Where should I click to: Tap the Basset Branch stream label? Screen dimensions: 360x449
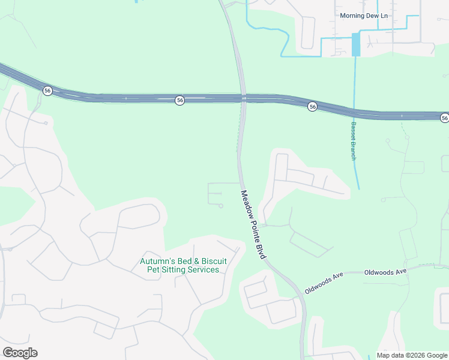(354, 141)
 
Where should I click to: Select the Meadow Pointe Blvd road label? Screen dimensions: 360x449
(254, 224)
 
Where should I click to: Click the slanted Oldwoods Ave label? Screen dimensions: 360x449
(324, 281)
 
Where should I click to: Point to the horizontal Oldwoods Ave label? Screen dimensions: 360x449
(385, 272)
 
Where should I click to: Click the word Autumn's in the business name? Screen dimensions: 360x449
(155, 261)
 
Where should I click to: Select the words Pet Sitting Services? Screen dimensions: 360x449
(183, 270)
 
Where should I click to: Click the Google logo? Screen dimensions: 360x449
(20, 352)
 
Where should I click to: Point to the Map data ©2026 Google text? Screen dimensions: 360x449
(412, 355)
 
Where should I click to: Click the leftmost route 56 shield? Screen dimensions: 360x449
(47, 91)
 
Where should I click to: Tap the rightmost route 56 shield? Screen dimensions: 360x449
(444, 118)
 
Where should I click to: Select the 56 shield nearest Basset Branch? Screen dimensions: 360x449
(312, 106)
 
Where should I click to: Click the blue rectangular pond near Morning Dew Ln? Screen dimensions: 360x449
(356, 44)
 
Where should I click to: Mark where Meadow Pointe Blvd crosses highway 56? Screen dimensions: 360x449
(243, 98)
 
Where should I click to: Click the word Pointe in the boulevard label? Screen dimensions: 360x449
(254, 225)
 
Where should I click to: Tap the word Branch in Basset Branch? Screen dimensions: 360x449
(354, 148)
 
